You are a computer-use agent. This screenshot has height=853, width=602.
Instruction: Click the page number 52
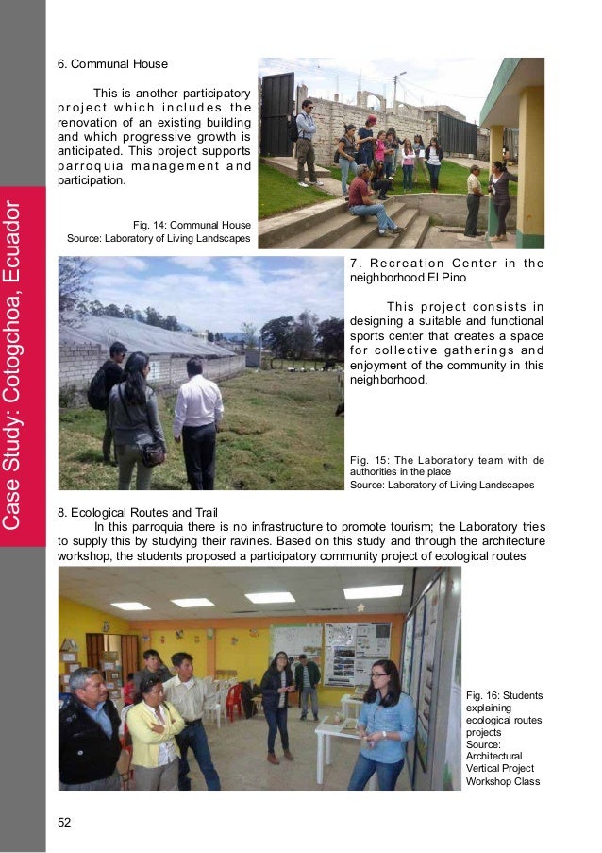point(64,824)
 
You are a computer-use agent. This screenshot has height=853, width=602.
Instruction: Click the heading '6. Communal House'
point(112,64)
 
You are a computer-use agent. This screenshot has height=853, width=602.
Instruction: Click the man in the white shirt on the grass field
point(199,420)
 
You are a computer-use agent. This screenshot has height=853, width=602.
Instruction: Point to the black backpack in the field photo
point(97,387)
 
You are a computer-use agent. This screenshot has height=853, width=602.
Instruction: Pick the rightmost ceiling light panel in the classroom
point(373,591)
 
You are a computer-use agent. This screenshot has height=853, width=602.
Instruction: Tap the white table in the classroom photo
point(336,732)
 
